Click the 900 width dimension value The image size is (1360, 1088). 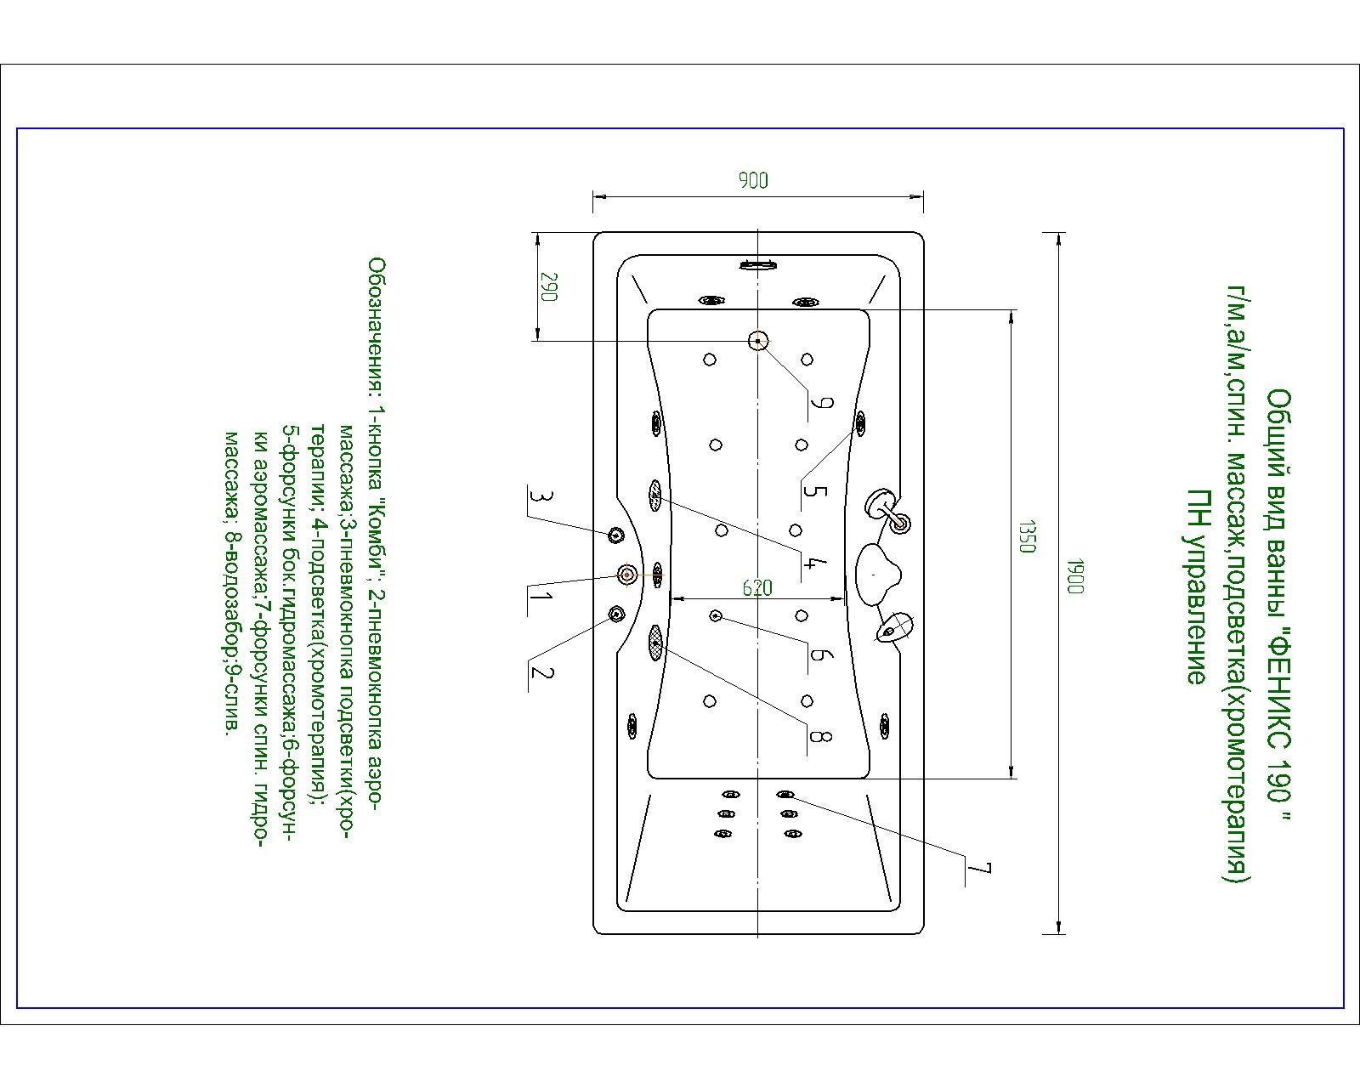coord(753,179)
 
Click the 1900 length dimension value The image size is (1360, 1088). coord(1074,577)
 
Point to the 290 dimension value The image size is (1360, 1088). coord(547,287)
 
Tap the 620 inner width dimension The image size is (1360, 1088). coord(756,587)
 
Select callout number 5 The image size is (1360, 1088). coord(814,491)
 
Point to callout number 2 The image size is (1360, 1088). coord(541,673)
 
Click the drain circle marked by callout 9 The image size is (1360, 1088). coord(757,341)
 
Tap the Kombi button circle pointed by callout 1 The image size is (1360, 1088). coord(627,575)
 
